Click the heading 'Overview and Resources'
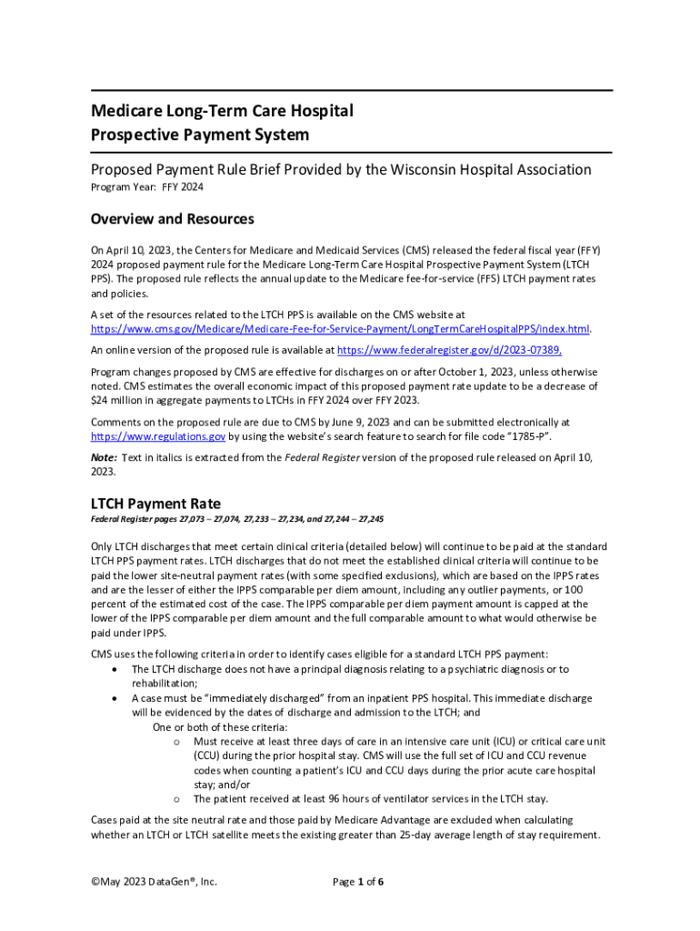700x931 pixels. coord(172,219)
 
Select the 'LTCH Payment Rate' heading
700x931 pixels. coord(155,503)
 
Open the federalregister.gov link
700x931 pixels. coord(449,349)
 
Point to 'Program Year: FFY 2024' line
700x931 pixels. coord(146,187)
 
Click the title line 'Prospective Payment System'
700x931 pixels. coord(200,135)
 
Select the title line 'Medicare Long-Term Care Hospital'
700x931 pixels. coord(222,111)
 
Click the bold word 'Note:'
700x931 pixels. coord(104,457)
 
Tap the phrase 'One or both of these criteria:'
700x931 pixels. coord(220,727)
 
